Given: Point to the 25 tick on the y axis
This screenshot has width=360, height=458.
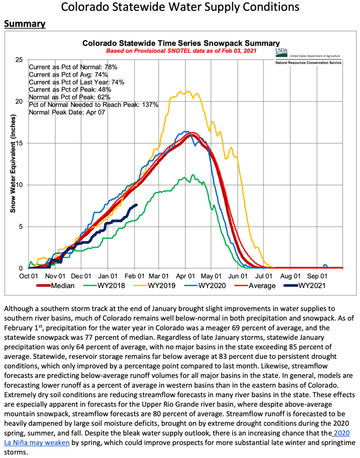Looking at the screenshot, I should tap(19, 59).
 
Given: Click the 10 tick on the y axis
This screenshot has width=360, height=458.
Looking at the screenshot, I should tap(19, 185).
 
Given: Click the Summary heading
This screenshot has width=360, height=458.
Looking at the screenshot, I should tap(25, 24).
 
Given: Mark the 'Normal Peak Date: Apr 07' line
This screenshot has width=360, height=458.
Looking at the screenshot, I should tap(67, 112).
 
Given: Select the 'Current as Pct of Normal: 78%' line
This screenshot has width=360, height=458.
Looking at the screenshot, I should tap(73, 67).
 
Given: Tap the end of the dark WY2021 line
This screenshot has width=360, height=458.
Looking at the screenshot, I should tap(136, 205).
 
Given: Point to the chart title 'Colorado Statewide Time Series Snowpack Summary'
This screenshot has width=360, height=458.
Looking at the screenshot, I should tap(181, 43).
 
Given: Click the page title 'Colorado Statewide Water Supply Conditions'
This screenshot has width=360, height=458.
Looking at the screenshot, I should tap(180, 8).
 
